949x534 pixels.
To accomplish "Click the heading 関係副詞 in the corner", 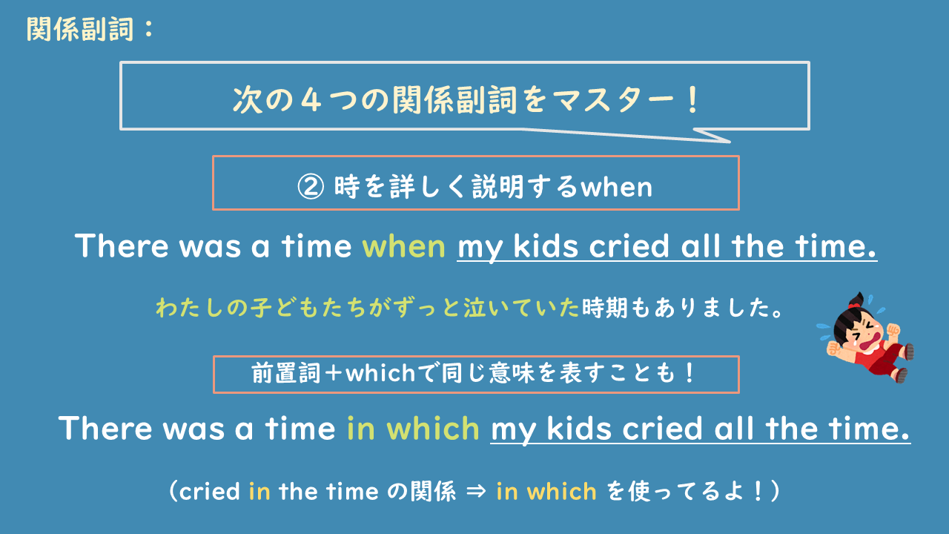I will pos(82,30).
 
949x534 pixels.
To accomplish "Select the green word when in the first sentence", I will pos(403,246).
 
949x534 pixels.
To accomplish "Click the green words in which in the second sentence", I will pos(413,429).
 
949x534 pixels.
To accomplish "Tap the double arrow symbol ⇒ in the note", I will pos(477,492).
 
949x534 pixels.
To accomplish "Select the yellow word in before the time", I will pos(259,492).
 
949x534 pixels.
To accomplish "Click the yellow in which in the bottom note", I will pos(546,492).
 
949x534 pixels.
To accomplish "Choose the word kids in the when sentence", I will pos(548,246).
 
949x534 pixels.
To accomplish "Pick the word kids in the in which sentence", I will pos(582,429).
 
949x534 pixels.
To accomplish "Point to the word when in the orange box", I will pos(616,186).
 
